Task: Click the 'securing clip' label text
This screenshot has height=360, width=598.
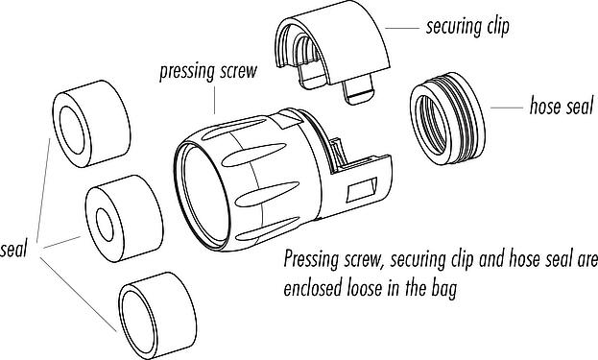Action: click(x=467, y=28)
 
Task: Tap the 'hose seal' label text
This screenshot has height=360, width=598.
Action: click(x=562, y=106)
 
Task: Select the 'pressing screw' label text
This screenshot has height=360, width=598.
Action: click(x=208, y=72)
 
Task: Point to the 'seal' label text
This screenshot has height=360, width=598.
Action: click(x=13, y=250)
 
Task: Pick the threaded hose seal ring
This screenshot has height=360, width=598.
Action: click(x=447, y=119)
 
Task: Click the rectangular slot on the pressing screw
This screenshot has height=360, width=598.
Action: click(x=362, y=189)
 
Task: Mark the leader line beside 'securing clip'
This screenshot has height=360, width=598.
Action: click(x=402, y=28)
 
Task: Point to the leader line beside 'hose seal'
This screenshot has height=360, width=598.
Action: click(x=507, y=108)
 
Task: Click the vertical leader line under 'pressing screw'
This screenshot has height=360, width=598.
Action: click(x=214, y=100)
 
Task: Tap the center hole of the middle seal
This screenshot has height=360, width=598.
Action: click(x=105, y=225)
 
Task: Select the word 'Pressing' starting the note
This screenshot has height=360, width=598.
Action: click(x=311, y=260)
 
